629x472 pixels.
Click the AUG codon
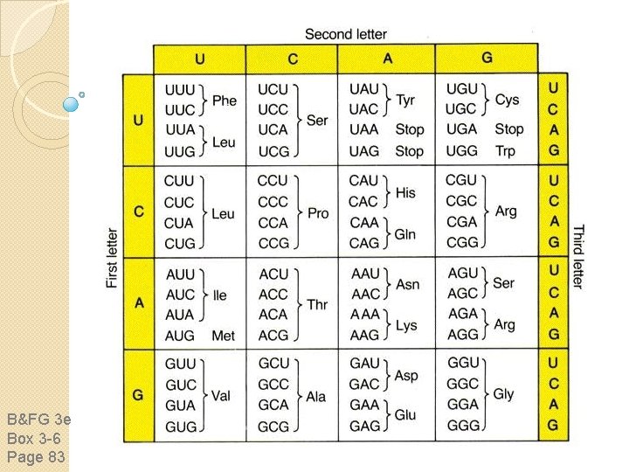point(181,336)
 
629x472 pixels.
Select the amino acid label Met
point(224,336)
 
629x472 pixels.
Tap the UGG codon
point(462,150)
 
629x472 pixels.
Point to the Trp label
point(505,150)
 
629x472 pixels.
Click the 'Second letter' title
point(346,35)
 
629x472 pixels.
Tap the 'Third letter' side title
point(577,256)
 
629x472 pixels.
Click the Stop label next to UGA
point(508,129)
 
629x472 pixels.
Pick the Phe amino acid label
point(225,101)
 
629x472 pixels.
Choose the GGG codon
point(463,426)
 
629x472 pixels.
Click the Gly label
point(504,394)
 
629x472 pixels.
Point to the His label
point(405,191)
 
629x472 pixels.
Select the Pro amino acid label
point(318,213)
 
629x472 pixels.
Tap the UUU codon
point(180,90)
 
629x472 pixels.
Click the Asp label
point(406,375)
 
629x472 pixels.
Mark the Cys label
point(507,100)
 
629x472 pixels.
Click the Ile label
point(220,295)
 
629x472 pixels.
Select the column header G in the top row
point(487,59)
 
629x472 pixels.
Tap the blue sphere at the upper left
point(72,103)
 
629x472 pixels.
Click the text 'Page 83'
point(35,455)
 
